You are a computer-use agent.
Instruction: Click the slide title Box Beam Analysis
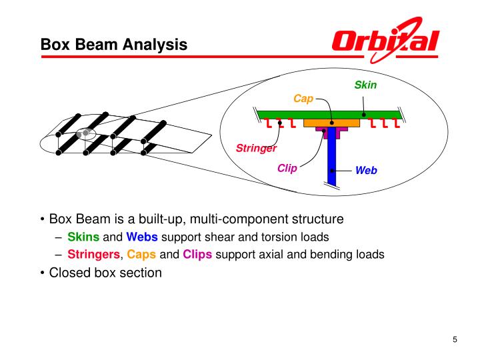[x=114, y=45]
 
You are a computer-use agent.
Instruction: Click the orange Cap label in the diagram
[x=303, y=99]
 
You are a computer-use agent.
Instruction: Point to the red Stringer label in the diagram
[x=256, y=148]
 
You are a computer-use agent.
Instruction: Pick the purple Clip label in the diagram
[x=287, y=168]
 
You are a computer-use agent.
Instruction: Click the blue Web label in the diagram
[x=366, y=170]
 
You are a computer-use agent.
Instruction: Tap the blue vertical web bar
[x=332, y=160]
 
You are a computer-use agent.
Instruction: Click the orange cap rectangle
[x=327, y=123]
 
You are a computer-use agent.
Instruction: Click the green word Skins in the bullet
[x=83, y=237]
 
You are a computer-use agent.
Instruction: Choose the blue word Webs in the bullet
[x=142, y=237]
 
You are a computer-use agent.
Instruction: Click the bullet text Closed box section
[x=105, y=272]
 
